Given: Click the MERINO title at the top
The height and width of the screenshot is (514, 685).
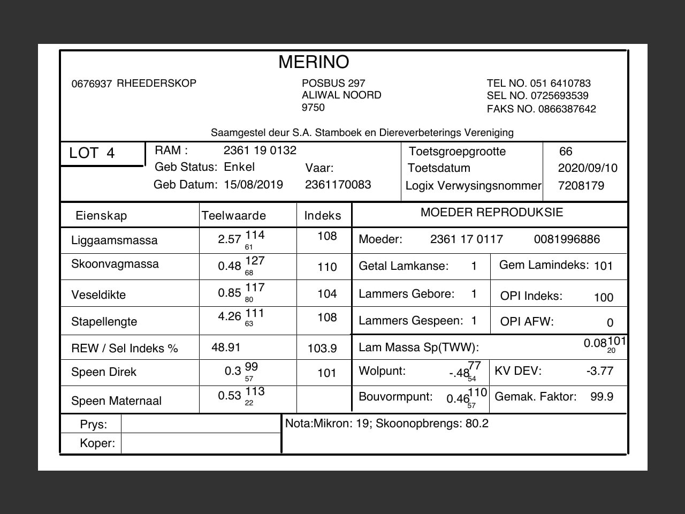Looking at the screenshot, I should (x=314, y=62).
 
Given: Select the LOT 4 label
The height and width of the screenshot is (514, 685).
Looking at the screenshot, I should (x=92, y=153).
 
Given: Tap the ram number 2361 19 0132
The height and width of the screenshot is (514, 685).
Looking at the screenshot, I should (x=260, y=150).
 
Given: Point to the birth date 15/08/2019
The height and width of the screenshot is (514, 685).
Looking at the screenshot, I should (x=253, y=185).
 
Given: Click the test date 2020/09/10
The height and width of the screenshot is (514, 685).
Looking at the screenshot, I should (x=587, y=168).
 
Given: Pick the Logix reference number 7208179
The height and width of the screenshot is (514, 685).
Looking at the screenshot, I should (x=581, y=186).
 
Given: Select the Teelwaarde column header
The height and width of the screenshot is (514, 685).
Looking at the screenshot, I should (x=233, y=216).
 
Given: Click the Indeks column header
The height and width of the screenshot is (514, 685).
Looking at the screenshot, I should (x=322, y=216).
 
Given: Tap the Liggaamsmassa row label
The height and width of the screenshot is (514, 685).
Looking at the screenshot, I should (x=114, y=240).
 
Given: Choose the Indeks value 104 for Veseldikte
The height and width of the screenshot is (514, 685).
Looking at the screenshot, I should (x=327, y=294).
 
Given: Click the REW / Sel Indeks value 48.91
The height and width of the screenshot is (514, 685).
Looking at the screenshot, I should (x=226, y=347).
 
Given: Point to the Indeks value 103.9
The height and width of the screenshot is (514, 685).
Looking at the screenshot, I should (x=322, y=349).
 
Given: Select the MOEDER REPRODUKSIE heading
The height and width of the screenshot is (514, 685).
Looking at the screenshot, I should (x=491, y=213).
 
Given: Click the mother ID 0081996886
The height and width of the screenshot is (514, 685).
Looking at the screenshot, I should (x=567, y=239).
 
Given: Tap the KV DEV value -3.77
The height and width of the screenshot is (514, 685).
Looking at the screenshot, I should (x=599, y=371).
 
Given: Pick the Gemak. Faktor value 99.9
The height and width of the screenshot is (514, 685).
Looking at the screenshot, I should (x=602, y=397).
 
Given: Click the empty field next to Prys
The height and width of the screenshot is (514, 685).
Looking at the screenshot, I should (x=201, y=424).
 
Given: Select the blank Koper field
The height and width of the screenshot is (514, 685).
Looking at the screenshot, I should (x=201, y=443).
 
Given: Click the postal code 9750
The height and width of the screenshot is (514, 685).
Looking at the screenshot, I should (x=313, y=108).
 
